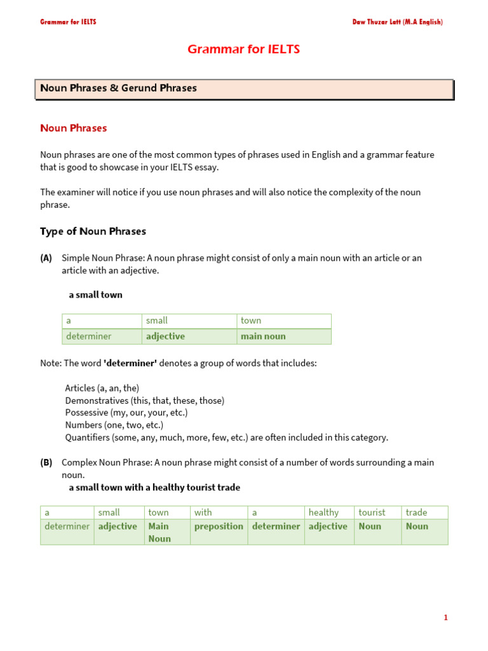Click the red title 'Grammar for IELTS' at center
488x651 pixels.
[243, 50]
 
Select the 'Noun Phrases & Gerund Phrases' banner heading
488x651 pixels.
[118, 88]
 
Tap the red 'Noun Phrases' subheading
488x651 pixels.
[73, 128]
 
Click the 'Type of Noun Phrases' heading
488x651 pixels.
[93, 231]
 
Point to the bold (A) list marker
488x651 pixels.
[46, 258]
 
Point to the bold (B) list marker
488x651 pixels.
[46, 463]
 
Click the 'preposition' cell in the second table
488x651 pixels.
[219, 526]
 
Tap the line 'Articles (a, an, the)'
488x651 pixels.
[102, 388]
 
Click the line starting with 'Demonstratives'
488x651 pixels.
[144, 401]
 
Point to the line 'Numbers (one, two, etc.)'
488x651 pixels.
[114, 425]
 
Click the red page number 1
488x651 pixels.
[445, 617]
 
